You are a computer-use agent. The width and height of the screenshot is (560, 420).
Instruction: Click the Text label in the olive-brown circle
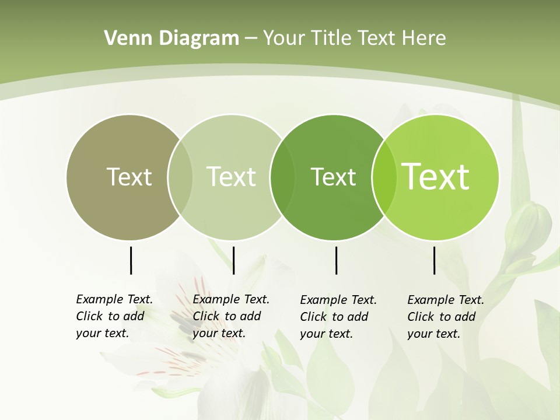[129, 177]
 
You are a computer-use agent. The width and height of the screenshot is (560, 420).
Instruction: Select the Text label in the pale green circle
[231, 177]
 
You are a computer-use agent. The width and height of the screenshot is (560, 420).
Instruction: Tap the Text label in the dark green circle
[333, 177]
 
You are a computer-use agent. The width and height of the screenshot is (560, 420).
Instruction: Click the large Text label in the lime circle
[436, 177]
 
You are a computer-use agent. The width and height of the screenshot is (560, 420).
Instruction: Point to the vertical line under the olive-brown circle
[131, 260]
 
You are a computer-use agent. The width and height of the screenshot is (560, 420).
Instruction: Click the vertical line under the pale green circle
[233, 260]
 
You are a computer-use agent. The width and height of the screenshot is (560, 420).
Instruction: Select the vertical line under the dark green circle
[336, 260]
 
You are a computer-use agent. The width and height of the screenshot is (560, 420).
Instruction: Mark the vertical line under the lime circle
[434, 260]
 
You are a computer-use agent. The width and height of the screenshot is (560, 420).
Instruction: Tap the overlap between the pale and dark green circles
[282, 177]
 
